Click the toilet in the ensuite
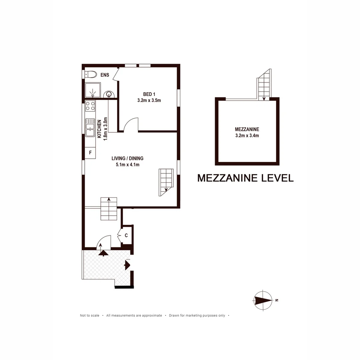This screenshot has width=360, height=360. (91, 74)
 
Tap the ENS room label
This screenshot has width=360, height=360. (105, 75)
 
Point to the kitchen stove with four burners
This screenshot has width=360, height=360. (90, 106)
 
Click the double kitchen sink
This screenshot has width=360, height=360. (90, 128)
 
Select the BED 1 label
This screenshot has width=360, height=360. (149, 94)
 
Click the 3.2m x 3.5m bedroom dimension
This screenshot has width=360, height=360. (149, 100)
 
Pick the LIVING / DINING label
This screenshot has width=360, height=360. (127, 158)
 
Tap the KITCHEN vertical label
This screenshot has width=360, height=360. (99, 129)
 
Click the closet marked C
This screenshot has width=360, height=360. (127, 235)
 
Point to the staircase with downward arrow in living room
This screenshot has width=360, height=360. (166, 182)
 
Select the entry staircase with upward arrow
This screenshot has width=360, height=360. (109, 209)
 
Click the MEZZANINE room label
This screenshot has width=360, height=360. (247, 129)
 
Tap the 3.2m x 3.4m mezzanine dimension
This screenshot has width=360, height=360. (247, 135)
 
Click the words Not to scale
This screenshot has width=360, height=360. (89, 315)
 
